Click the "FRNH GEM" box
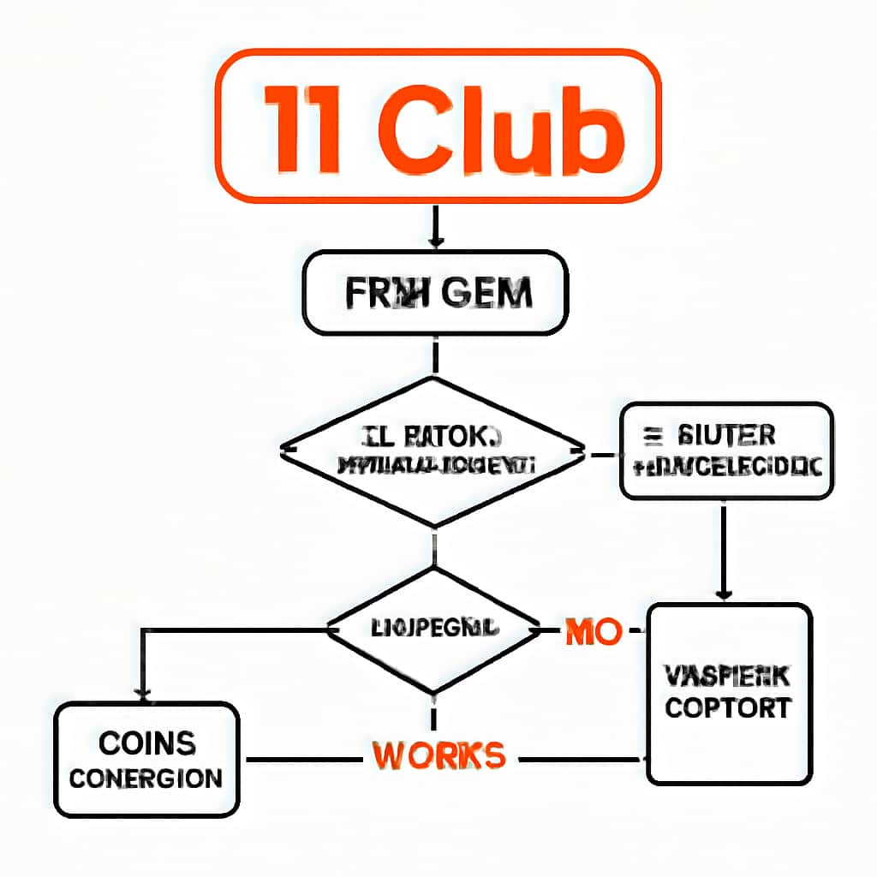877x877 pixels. pyautogui.click(x=435, y=293)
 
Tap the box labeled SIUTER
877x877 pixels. pyautogui.click(x=725, y=450)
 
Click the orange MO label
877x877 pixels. pyautogui.click(x=593, y=632)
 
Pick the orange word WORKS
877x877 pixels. pyautogui.click(x=438, y=755)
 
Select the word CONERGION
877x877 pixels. pyautogui.click(x=146, y=779)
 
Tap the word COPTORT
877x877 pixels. pyautogui.click(x=728, y=709)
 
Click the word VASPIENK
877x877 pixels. pyautogui.click(x=728, y=677)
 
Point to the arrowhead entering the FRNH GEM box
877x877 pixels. pyautogui.click(x=435, y=242)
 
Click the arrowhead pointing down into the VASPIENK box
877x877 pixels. pyautogui.click(x=725, y=594)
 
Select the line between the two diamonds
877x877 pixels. pyautogui.click(x=435, y=548)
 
